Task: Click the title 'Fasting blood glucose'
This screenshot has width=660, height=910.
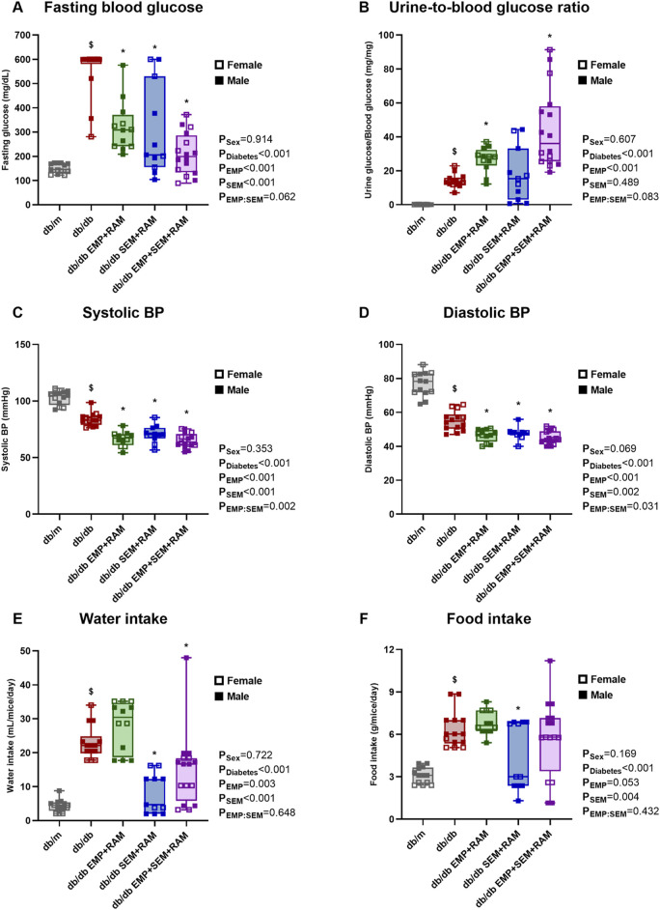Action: point(124,8)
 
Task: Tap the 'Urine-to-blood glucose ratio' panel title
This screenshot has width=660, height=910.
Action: point(488,8)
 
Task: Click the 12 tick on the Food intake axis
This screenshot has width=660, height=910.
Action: point(390,650)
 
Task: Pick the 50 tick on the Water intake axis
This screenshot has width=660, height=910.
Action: point(25,651)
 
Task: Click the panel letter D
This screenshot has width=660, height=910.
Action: point(364,313)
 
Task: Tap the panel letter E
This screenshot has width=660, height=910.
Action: point(17,618)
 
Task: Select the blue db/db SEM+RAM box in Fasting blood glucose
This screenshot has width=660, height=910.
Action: point(154,122)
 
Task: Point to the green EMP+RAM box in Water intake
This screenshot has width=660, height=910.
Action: point(123,729)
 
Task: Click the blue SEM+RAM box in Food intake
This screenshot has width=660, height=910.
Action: point(518,754)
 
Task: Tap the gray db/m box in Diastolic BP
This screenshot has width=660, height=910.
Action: point(423,382)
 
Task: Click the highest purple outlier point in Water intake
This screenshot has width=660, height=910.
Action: point(186,658)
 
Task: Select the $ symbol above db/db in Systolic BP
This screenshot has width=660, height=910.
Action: point(91,387)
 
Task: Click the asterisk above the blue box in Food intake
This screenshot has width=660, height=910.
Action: point(518,709)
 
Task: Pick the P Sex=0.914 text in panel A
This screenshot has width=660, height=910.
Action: point(246,140)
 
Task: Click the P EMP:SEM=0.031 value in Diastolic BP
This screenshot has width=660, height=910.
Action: point(620,507)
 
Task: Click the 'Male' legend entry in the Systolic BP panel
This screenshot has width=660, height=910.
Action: point(233,390)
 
